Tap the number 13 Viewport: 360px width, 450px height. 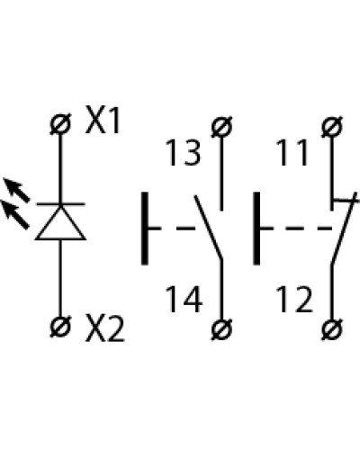[x=184, y=152]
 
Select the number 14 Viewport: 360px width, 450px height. [x=184, y=300]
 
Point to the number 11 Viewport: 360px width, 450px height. [x=293, y=152]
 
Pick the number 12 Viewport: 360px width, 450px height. [x=294, y=300]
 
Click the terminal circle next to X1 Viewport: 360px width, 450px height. [x=60, y=124]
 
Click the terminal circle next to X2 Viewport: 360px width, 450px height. [x=60, y=327]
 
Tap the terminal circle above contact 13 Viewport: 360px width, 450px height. [x=221, y=126]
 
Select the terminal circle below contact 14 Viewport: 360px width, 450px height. [x=221, y=329]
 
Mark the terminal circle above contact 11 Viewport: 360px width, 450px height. [x=332, y=126]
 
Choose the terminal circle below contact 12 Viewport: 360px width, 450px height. [x=332, y=329]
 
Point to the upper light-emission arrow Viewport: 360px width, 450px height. [x=16, y=190]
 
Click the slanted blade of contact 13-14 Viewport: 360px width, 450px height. [x=209, y=227]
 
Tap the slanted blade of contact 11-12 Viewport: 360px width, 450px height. [x=344, y=229]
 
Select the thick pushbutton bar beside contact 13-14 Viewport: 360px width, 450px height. [x=145, y=229]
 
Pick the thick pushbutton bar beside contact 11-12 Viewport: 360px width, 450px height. [x=256, y=229]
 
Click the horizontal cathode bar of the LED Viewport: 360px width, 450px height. [x=60, y=204]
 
